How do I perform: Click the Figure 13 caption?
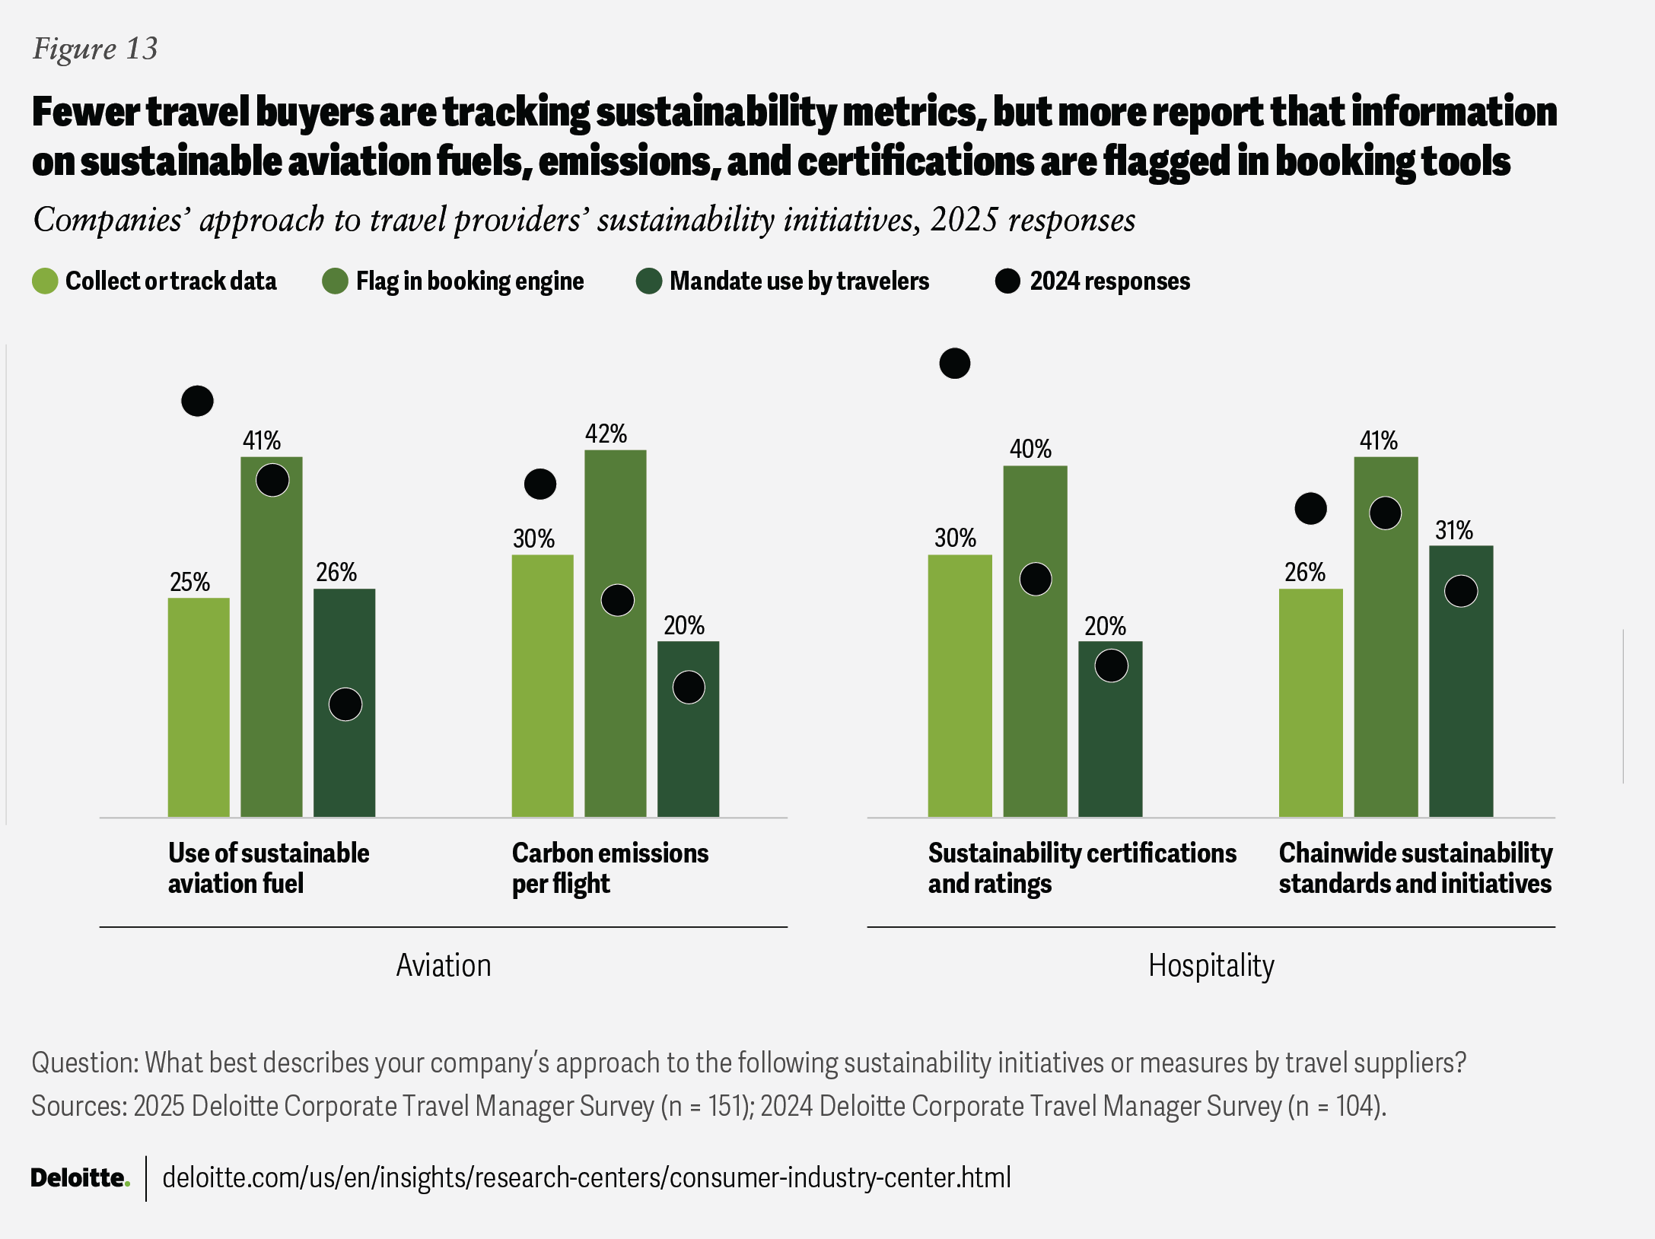(95, 49)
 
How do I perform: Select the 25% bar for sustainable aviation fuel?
(199, 707)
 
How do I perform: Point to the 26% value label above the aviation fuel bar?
(336, 572)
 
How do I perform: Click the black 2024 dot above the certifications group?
(954, 364)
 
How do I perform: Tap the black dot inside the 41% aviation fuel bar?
(272, 480)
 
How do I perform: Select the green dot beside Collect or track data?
(45, 281)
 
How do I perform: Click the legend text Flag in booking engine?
(469, 281)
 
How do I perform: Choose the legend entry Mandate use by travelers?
(799, 281)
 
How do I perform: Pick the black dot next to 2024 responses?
(1007, 281)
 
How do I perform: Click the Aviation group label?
(444, 965)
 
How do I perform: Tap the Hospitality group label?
(1211, 965)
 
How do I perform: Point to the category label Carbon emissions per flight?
(609, 868)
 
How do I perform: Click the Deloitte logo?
(80, 1177)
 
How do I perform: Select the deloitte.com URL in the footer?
(587, 1177)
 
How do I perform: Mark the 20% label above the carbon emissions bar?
(683, 626)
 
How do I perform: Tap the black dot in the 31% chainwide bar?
(1461, 591)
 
